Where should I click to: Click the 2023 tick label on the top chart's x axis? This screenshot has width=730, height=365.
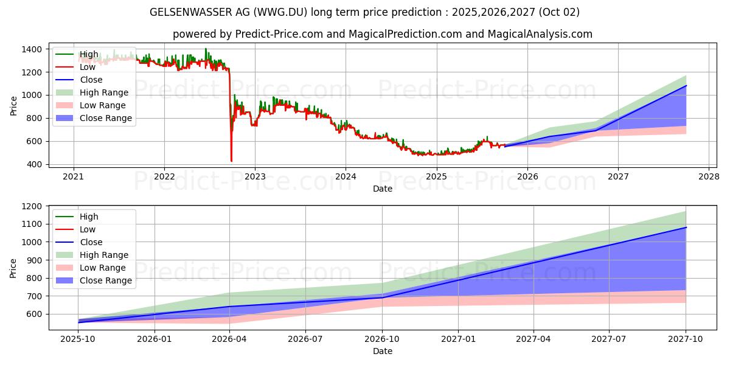(x=255, y=176)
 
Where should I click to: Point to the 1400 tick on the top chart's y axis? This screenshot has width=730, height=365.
(x=33, y=49)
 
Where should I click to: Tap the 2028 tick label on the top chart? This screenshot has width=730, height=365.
(x=709, y=176)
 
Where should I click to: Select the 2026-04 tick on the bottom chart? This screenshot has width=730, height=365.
(x=230, y=339)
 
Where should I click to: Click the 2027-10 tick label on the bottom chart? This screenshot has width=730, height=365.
(x=686, y=339)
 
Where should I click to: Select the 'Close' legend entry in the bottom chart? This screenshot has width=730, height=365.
(x=91, y=242)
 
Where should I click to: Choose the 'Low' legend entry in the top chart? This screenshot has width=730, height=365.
(x=88, y=67)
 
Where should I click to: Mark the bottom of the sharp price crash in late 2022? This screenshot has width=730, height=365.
(x=231, y=161)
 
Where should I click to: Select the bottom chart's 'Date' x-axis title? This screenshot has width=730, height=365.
(x=382, y=351)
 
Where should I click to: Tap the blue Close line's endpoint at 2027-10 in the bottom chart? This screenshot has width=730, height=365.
(x=686, y=228)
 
